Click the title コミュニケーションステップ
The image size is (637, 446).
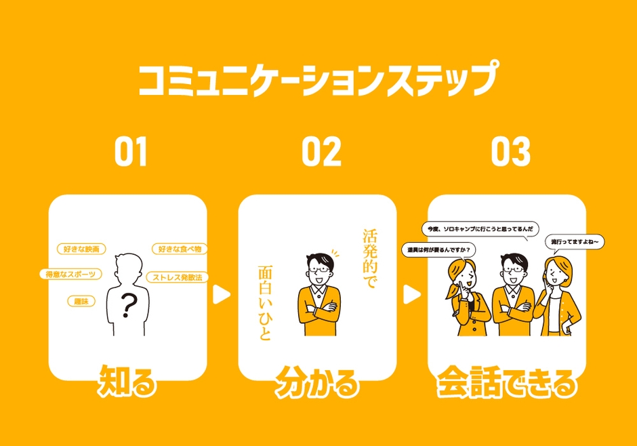click(x=318, y=80)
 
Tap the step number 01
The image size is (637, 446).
click(x=131, y=153)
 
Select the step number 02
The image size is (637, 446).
click(x=321, y=153)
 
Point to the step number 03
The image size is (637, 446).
click(x=510, y=153)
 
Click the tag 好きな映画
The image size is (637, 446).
click(x=81, y=249)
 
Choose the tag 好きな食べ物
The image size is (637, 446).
click(x=180, y=249)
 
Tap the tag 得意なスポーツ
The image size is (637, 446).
click(x=70, y=274)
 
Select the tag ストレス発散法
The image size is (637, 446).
click(x=178, y=277)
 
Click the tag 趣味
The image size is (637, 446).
click(x=81, y=301)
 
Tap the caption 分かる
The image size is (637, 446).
click(x=316, y=384)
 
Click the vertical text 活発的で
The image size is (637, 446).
click(x=369, y=260)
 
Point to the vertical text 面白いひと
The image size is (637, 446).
click(x=265, y=303)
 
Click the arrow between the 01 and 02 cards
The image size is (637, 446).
click(x=222, y=294)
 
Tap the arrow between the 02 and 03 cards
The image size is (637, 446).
click(x=411, y=294)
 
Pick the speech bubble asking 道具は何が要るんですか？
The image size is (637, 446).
click(x=438, y=249)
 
